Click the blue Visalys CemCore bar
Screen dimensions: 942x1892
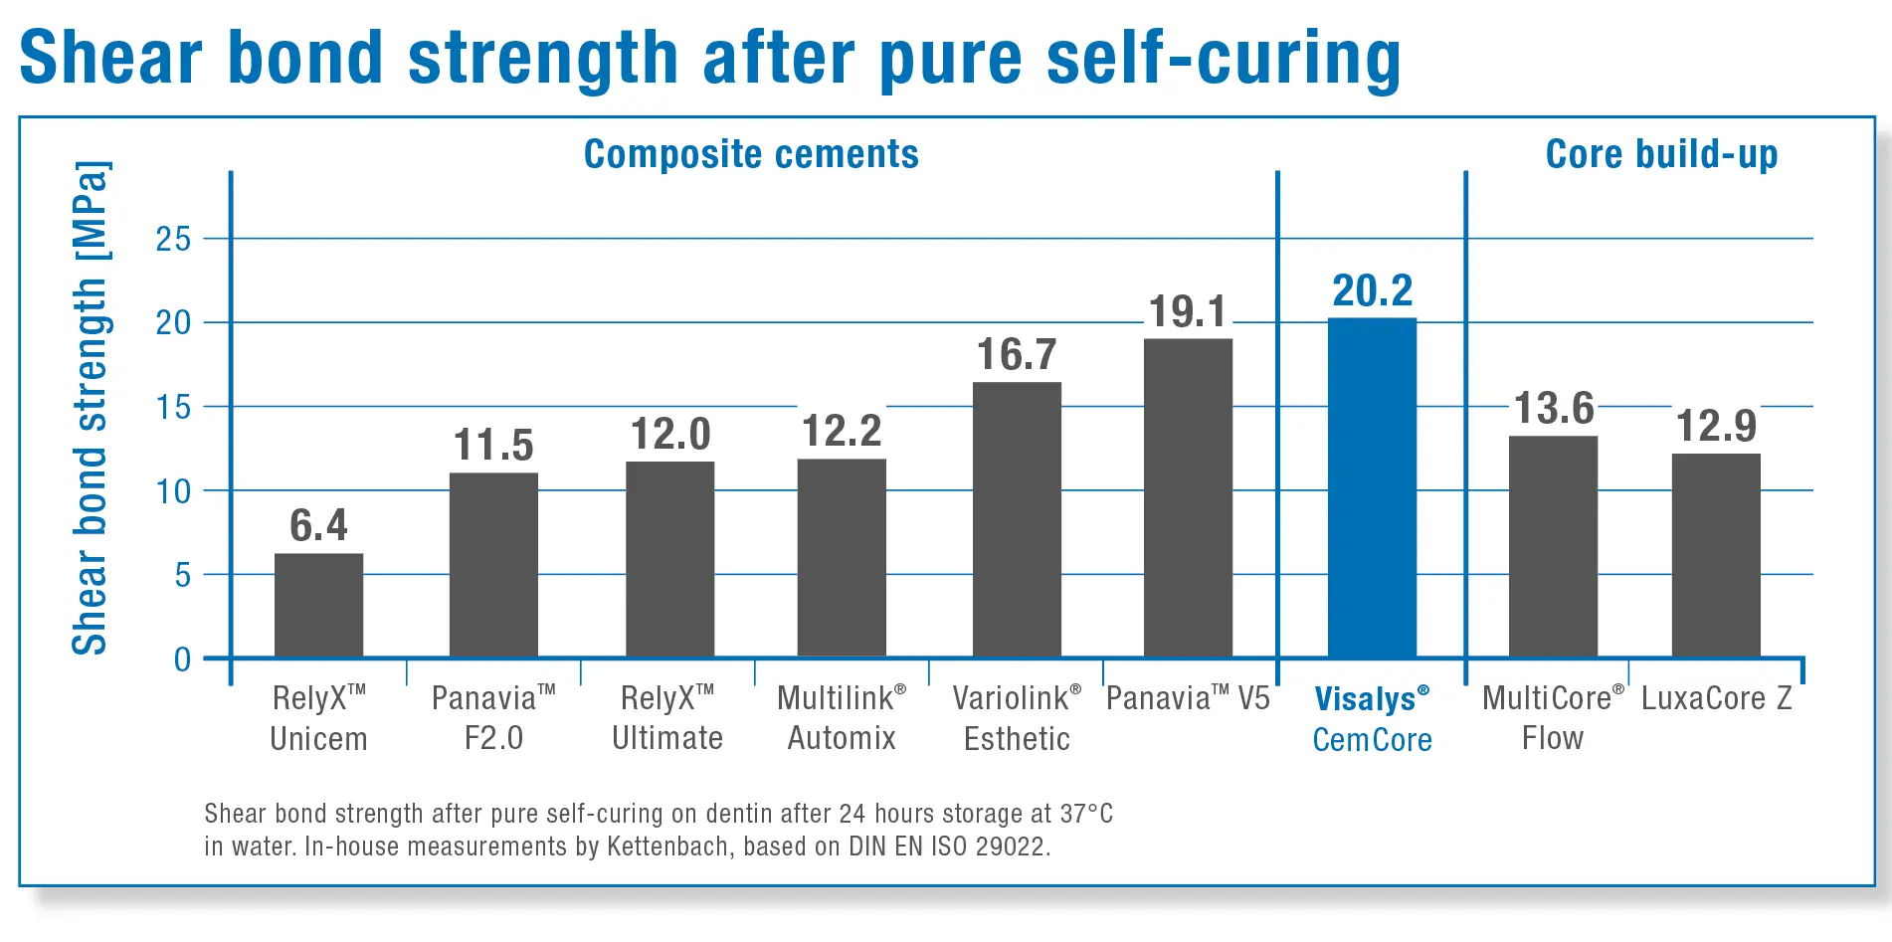point(1372,487)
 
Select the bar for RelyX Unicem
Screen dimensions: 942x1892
point(318,605)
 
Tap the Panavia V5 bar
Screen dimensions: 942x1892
point(1188,497)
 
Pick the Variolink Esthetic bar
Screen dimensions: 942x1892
point(1017,519)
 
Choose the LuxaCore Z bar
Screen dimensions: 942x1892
point(1716,555)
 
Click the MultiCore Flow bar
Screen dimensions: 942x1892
point(1553,546)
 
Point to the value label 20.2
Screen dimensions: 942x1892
point(1372,290)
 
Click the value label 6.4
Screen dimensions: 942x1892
point(318,525)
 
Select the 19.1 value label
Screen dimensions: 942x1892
point(1188,312)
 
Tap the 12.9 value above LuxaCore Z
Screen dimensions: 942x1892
point(1716,427)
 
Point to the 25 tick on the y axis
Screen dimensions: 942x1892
point(173,239)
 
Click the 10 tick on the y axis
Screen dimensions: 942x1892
point(173,490)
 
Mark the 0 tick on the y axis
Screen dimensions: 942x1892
point(182,659)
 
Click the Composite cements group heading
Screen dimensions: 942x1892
point(751,154)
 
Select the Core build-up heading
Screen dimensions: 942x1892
point(1661,154)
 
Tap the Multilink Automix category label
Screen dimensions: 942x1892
point(842,718)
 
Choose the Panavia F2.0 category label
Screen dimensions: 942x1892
point(493,718)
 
